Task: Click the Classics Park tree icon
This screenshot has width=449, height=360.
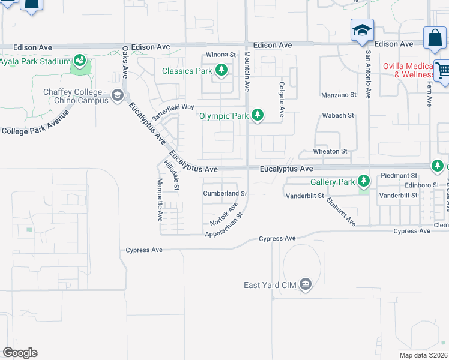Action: [x=222, y=71]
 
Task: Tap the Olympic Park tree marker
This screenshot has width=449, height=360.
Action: [x=258, y=115]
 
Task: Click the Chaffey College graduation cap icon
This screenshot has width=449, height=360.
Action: [x=118, y=95]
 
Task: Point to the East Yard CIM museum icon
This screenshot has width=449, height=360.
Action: [x=306, y=284]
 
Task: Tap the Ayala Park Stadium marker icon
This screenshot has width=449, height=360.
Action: [x=79, y=61]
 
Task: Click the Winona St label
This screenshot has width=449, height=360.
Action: [x=220, y=55]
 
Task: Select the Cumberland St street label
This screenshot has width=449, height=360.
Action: [x=225, y=194]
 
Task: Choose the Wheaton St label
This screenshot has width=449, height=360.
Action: [x=330, y=152]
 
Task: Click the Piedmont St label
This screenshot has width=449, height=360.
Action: [x=398, y=176]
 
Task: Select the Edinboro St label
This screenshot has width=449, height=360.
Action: [x=418, y=185]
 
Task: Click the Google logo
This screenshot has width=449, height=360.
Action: [x=20, y=353]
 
